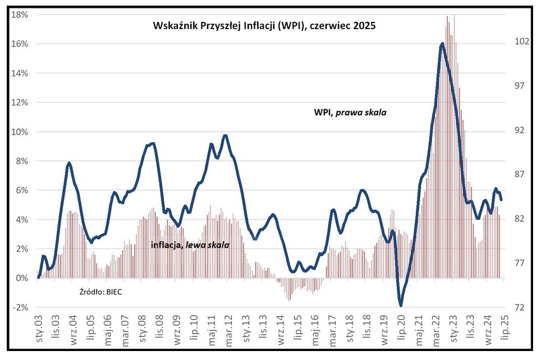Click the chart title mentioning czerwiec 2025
[x=264, y=26]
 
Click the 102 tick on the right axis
[x=515, y=41]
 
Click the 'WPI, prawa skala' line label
[x=350, y=112]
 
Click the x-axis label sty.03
[x=39, y=330]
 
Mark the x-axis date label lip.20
[x=401, y=330]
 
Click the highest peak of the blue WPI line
[x=443, y=44]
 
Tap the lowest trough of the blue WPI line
[x=401, y=306]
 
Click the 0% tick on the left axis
[x=22, y=278]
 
